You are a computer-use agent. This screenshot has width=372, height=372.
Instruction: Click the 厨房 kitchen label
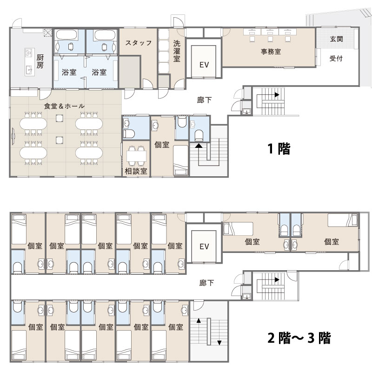click(40, 61)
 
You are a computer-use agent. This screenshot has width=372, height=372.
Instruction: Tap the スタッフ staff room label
click(139, 43)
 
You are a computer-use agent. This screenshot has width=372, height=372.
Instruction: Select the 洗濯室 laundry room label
click(177, 51)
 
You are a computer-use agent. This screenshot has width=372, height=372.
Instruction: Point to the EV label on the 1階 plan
click(204, 65)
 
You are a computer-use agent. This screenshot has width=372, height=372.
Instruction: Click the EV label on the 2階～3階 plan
click(204, 246)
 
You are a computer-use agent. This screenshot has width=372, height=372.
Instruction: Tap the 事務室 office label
click(271, 52)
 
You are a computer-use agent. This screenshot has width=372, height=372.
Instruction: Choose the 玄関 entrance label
click(336, 39)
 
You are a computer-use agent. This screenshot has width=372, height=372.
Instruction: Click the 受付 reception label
click(336, 59)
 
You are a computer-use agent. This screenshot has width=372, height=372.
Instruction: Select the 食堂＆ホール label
click(64, 106)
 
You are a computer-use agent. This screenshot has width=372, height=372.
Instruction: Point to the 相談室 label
click(136, 171)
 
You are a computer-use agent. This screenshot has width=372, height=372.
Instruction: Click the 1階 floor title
click(279, 149)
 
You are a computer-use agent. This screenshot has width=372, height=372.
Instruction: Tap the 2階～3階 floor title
click(299, 338)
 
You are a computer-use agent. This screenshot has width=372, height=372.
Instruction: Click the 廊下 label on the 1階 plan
click(204, 100)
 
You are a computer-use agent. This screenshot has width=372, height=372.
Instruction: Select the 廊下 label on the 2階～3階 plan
click(206, 283)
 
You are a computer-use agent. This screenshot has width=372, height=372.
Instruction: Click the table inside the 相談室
click(136, 156)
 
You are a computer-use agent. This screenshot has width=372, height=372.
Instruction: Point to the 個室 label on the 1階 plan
click(162, 145)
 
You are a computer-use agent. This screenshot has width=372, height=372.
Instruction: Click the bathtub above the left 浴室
click(66, 35)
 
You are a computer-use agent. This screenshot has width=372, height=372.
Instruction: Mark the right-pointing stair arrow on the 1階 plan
click(277, 95)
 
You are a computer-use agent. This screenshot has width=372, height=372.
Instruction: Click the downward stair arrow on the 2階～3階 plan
click(219, 343)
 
